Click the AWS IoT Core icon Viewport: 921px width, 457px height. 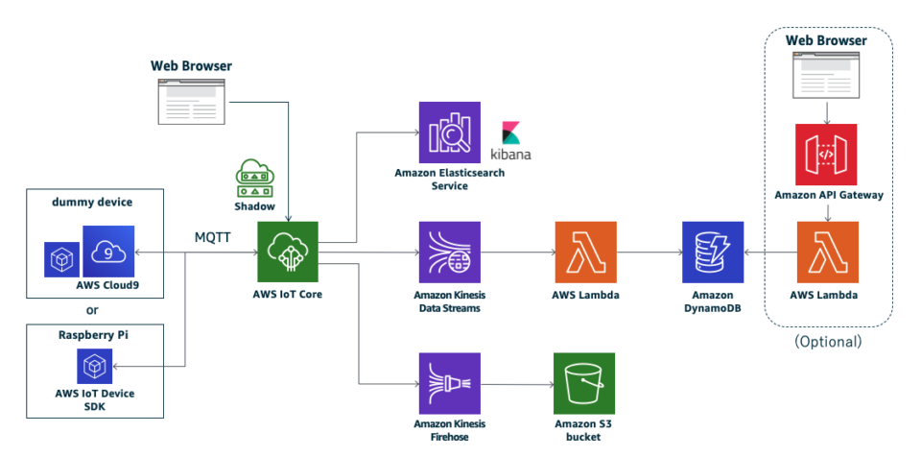click(287, 252)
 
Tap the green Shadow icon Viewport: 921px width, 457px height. click(254, 178)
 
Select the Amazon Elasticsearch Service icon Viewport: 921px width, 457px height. click(449, 132)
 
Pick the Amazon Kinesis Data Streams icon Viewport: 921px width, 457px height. click(449, 252)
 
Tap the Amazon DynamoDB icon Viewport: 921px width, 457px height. click(713, 252)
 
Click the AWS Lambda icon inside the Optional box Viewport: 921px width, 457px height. click(826, 252)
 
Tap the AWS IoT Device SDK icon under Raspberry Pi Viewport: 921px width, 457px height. click(95, 367)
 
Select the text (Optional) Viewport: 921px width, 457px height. click(828, 341)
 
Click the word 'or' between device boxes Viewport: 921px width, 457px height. click(94, 310)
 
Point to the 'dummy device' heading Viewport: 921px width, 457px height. click(94, 203)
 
